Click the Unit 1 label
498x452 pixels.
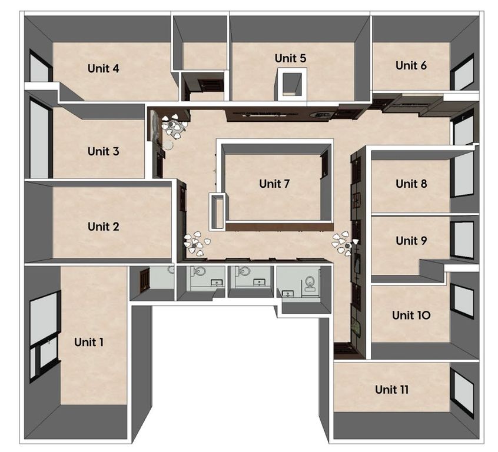[89, 342]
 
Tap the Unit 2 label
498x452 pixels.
[103, 227]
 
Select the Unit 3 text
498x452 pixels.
[103, 151]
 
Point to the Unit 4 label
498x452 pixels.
[103, 68]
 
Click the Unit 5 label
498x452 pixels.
[290, 58]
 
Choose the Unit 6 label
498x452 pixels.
[411, 65]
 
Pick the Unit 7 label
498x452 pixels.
[274, 184]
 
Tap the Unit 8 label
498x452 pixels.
[411, 184]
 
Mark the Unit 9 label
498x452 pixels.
[411, 241]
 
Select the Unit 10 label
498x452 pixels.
[411, 315]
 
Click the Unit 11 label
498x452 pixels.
[391, 390]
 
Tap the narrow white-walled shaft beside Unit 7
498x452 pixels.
[218, 211]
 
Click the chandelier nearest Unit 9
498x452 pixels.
[344, 243]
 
